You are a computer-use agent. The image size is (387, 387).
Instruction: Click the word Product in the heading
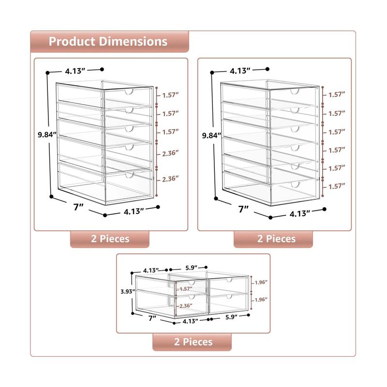[x=72, y=42]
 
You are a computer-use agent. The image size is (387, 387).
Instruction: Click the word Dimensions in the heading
[x=134, y=42]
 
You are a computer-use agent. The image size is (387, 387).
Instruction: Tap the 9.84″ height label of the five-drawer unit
[x=47, y=135]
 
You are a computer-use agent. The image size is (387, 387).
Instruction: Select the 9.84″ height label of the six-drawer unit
[x=211, y=135]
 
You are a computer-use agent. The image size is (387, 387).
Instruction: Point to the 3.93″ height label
[x=128, y=292]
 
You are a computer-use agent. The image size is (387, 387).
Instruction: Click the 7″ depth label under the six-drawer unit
[x=243, y=209]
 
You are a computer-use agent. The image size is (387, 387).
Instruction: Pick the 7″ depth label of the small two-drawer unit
[x=152, y=318]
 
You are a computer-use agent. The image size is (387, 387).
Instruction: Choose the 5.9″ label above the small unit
[x=191, y=268]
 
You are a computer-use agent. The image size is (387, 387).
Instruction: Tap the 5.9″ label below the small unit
[x=231, y=317]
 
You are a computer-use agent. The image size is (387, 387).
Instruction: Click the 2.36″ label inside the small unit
[x=186, y=306]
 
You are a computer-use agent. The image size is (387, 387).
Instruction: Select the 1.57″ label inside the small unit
[x=186, y=289]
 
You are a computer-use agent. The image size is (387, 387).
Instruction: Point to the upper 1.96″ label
[x=261, y=283]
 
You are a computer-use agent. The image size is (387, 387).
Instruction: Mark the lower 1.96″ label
[x=261, y=299]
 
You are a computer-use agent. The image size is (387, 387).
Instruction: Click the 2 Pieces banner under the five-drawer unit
[x=110, y=239]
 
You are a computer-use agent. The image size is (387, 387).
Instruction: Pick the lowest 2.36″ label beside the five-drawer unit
[x=170, y=179]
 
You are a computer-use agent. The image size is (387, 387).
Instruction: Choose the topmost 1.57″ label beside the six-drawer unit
[x=337, y=94]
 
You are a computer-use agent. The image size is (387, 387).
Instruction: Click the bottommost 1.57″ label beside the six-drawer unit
[x=337, y=186]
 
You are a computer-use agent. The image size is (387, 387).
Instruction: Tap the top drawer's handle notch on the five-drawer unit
[x=129, y=92]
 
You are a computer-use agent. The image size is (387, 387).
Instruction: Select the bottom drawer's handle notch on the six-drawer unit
[x=295, y=184]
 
